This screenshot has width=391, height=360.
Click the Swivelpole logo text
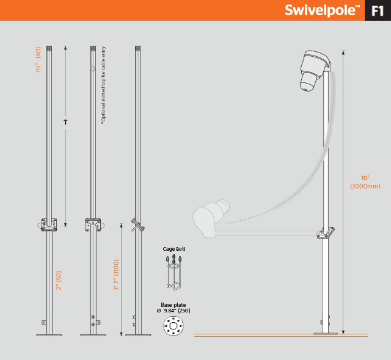tap(322, 10)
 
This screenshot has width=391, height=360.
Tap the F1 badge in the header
tap(378, 11)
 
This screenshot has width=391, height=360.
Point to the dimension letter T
tap(65, 122)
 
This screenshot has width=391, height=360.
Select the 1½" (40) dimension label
tap(38, 60)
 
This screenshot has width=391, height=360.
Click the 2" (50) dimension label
tap(59, 280)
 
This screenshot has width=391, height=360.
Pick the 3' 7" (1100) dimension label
tap(116, 275)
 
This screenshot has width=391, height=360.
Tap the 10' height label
tap(365, 178)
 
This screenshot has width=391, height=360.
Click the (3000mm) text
tap(365, 186)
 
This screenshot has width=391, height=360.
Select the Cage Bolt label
tap(174, 249)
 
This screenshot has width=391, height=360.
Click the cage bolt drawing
tap(174, 272)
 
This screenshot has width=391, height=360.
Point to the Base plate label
tap(174, 305)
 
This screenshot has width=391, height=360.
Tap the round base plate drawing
tap(174, 326)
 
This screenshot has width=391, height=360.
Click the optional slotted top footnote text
tap(103, 85)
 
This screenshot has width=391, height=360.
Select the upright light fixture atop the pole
tap(315, 71)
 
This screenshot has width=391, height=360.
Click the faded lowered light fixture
tap(211, 218)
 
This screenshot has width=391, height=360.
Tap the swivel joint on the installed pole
tap(326, 233)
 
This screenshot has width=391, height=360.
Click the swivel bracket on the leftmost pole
tap(49, 225)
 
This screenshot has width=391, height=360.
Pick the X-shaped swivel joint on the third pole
tap(138, 225)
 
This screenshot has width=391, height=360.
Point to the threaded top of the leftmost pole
tap(49, 48)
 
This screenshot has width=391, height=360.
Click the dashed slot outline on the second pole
tap(93, 68)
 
